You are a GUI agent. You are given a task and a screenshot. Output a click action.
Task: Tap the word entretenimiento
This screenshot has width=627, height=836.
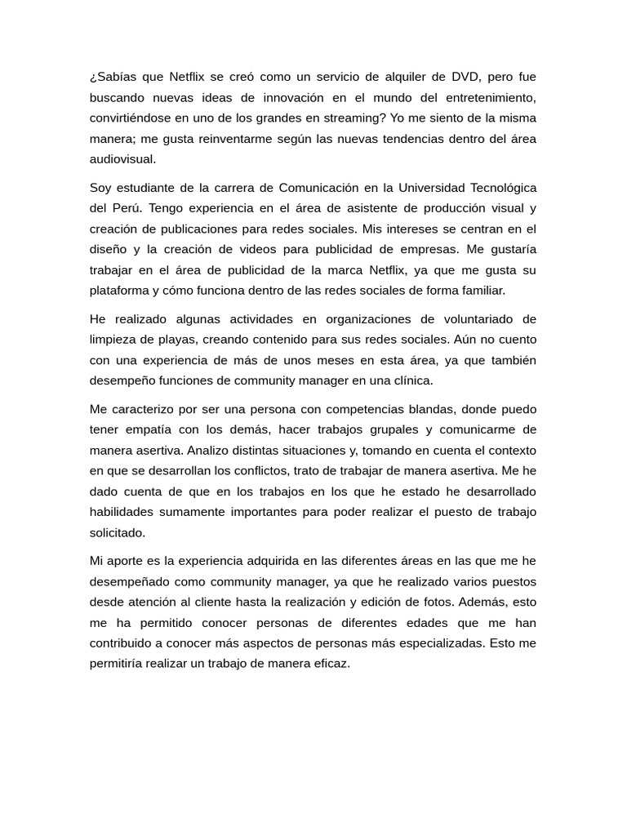click(487, 97)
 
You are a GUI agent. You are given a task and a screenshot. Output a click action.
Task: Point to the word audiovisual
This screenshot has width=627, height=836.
click(122, 158)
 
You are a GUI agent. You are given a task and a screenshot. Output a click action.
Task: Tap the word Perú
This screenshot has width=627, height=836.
click(128, 207)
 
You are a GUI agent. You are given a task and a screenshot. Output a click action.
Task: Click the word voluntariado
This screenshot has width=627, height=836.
click(472, 318)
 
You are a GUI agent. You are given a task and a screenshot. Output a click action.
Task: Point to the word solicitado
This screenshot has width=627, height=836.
click(118, 532)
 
